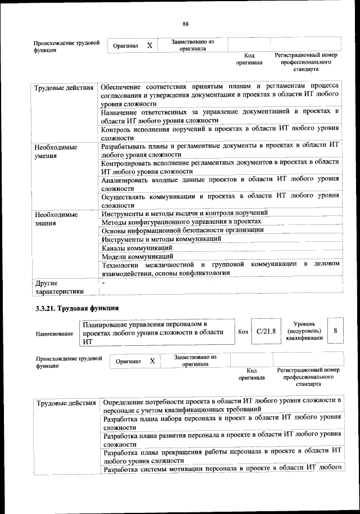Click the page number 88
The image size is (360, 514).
coord(185,23)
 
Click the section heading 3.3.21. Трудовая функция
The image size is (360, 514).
coord(77,308)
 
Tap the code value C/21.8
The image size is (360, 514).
coord(265,331)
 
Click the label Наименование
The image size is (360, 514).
coord(55,333)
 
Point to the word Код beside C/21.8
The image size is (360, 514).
coord(243,332)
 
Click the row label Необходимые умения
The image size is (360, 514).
coord(55,151)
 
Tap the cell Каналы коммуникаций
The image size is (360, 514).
coord(137,247)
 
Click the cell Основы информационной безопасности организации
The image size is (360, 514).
coord(182,230)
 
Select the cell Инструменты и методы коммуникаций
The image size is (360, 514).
coord(161,239)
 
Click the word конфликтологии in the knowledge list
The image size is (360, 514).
coord(204,273)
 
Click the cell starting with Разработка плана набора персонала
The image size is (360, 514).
coord(222,422)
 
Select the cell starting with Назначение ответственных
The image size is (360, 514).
coord(220,116)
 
